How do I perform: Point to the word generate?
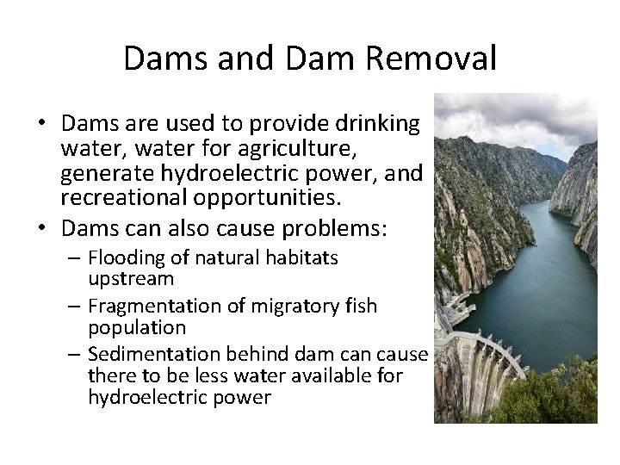tap(108, 175)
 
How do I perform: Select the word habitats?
tap(304, 257)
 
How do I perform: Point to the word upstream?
tap(131, 278)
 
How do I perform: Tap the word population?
tap(137, 327)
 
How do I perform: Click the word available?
tap(318, 375)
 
